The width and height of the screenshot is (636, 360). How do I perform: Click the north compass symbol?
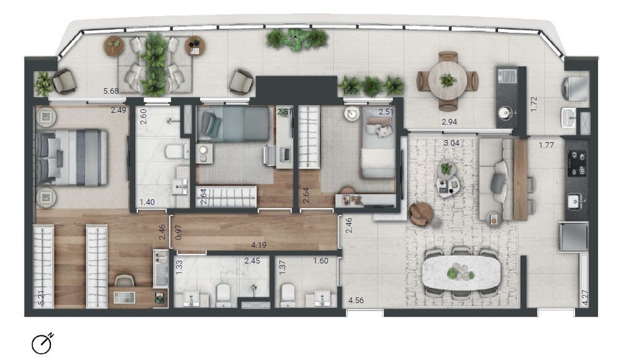point(42,343)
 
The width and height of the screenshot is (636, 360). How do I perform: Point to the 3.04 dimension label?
point(453,143)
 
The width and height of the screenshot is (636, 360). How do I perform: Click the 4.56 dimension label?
point(357,301)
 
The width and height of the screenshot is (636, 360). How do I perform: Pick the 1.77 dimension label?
point(547,146)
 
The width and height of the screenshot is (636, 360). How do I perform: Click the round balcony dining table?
point(447,79)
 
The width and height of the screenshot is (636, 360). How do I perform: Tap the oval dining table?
point(460,272)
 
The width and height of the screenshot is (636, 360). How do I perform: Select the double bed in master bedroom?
point(71,157)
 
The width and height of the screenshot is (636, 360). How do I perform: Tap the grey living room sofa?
point(495,180)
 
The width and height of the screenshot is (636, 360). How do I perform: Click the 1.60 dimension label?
point(320,261)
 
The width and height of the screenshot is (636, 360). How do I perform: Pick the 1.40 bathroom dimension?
point(147,202)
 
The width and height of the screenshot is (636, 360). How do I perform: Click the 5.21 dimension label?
point(42,299)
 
